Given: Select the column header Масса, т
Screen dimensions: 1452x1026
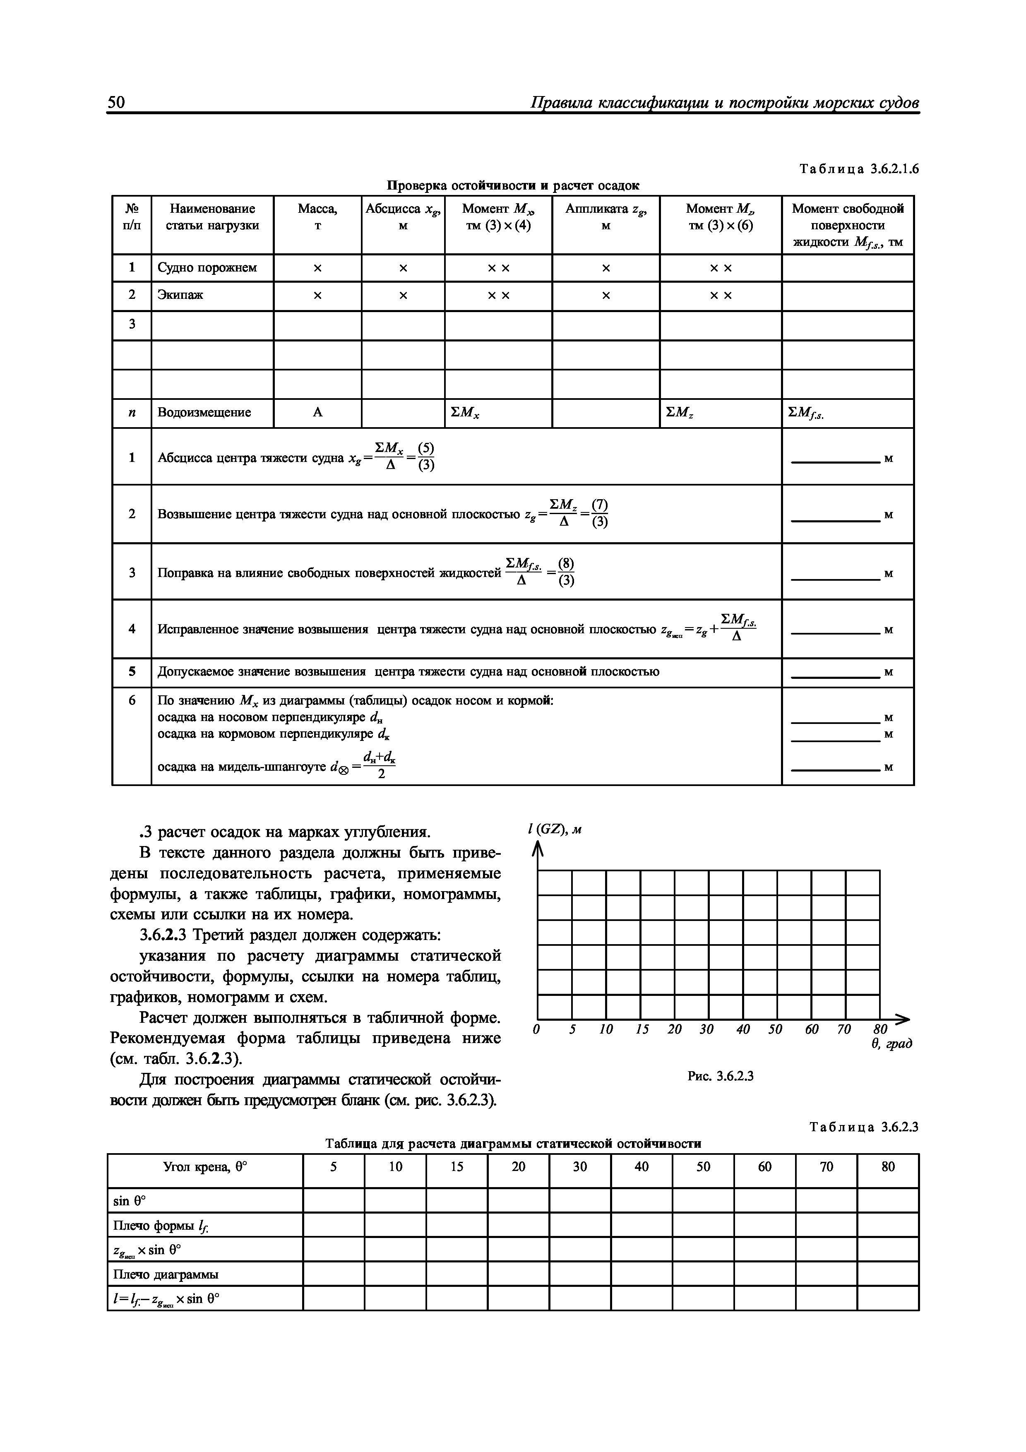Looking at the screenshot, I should [317, 217].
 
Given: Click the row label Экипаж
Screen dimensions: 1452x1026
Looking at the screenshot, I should [181, 296].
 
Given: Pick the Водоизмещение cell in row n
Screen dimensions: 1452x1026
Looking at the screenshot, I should [204, 413].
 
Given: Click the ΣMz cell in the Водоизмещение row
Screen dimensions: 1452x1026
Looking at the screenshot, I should [680, 413].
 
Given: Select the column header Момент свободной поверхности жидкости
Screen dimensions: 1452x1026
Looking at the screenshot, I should [847, 225].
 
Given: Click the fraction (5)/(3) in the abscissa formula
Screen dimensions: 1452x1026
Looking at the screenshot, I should [427, 457].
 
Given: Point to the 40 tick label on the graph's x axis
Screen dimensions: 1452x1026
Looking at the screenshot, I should [743, 1029].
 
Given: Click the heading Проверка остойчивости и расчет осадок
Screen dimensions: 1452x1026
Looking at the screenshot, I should [513, 186].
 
